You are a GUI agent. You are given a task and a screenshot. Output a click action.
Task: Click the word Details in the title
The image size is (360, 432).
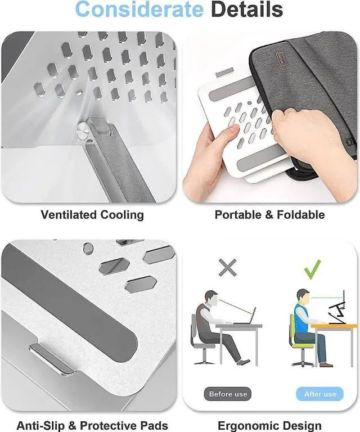(245, 10)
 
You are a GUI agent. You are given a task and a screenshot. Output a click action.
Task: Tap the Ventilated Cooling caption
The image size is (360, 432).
(92, 215)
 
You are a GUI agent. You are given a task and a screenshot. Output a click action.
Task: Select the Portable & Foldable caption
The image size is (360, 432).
(269, 215)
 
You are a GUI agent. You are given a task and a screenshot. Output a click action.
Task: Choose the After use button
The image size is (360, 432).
(320, 394)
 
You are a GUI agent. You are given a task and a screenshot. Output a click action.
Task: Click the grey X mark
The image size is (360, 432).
(227, 268)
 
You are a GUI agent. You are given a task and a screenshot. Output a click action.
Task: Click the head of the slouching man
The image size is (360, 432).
(210, 297)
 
